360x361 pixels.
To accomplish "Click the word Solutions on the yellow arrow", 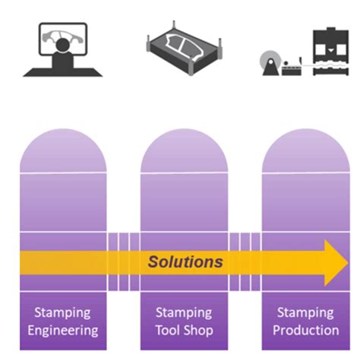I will pyautogui.click(x=185, y=262).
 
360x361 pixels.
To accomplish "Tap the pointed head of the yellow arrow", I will pyautogui.click(x=335, y=262).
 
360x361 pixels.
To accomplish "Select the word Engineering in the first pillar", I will pyautogui.click(x=63, y=331).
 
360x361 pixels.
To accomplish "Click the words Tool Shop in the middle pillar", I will pyautogui.click(x=185, y=331).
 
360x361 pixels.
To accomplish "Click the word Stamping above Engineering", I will pyautogui.click(x=63, y=312).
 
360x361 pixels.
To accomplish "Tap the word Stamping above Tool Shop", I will pyautogui.click(x=185, y=312).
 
